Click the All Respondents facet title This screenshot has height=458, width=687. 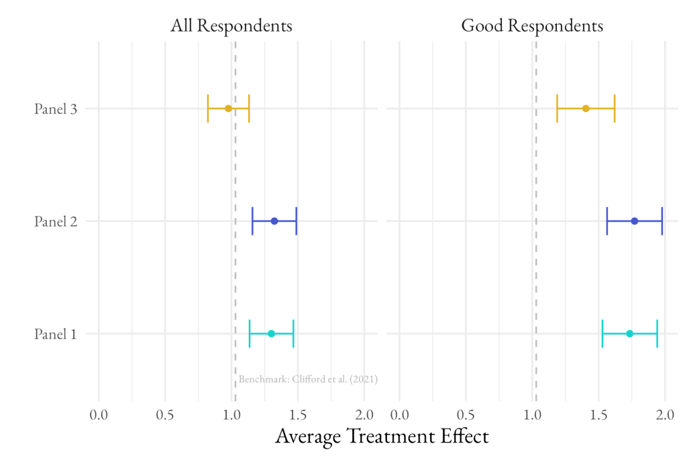coord(231,26)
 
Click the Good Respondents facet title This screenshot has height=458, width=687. coord(532,26)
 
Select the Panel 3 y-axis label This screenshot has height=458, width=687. coord(55,109)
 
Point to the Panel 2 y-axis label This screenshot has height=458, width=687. coord(55,221)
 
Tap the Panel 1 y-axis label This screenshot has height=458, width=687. coord(55,333)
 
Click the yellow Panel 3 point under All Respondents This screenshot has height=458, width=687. coord(228,109)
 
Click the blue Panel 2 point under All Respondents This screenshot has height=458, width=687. coord(274,221)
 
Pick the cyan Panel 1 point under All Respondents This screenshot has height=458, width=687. coord(271,333)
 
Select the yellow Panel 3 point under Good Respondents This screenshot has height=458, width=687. coord(586,109)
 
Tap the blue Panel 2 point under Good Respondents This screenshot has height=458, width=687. coord(635,221)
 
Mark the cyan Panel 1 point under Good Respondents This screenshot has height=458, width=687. coord(629,333)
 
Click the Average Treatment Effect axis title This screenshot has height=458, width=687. coord(382,437)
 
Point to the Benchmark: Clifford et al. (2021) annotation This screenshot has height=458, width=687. coord(308,380)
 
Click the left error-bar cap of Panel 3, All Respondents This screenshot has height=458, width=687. coord(208,109)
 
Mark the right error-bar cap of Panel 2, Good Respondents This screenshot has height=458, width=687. coord(662,221)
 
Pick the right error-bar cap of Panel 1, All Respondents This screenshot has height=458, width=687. coord(293,333)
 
